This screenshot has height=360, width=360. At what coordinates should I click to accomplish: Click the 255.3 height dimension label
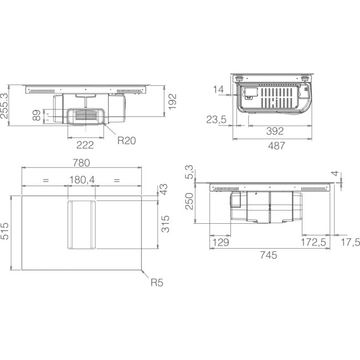coord(4,106)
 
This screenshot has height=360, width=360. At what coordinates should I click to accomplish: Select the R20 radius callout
coord(126,141)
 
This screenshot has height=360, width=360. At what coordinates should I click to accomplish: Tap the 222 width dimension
coord(85,145)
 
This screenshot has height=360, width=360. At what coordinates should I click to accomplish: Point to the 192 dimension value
coord(172,101)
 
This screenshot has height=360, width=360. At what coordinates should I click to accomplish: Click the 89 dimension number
coord(37,115)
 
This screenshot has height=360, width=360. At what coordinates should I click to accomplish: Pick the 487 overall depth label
coord(276,146)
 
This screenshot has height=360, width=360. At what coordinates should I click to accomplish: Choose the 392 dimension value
coord(275,131)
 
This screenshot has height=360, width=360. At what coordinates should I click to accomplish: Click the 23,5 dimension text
coord(216,120)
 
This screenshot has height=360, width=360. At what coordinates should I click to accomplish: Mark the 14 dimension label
coord(218,89)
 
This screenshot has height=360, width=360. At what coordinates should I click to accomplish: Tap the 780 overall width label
coord(81,163)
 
